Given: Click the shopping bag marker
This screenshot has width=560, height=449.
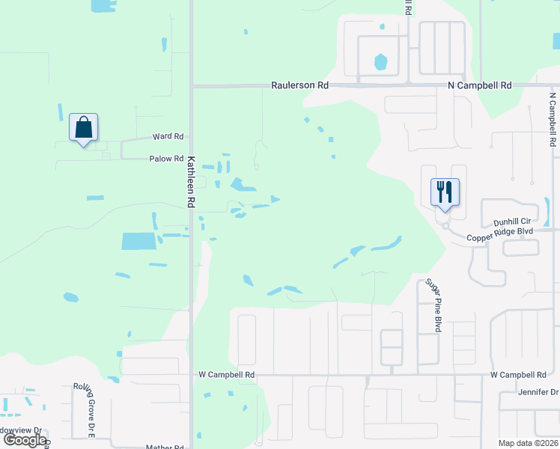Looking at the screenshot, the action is coord(83,129).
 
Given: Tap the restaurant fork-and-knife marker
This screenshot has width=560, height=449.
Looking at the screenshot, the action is coord(445,193).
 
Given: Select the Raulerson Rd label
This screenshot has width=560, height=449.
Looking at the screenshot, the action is coord(300,86).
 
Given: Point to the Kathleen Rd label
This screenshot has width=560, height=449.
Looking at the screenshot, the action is coord(192,182).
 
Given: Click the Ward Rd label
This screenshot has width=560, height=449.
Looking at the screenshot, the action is coord(168,137).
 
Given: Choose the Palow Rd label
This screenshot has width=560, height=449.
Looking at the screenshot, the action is coord(166,159).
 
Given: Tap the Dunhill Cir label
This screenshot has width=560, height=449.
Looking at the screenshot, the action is coord(512,222).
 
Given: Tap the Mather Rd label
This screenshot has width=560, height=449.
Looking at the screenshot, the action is coord(165,447).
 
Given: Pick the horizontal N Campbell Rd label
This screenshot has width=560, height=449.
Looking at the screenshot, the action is coord(479,86).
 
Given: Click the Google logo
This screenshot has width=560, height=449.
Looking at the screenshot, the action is coord(25,440).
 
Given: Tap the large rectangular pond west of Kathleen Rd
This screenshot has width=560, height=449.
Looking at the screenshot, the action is coord(139,241).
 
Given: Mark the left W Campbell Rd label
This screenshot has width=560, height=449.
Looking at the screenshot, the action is coord(227,374).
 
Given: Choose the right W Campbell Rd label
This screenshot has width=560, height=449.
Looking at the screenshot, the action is coord(518,374).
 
